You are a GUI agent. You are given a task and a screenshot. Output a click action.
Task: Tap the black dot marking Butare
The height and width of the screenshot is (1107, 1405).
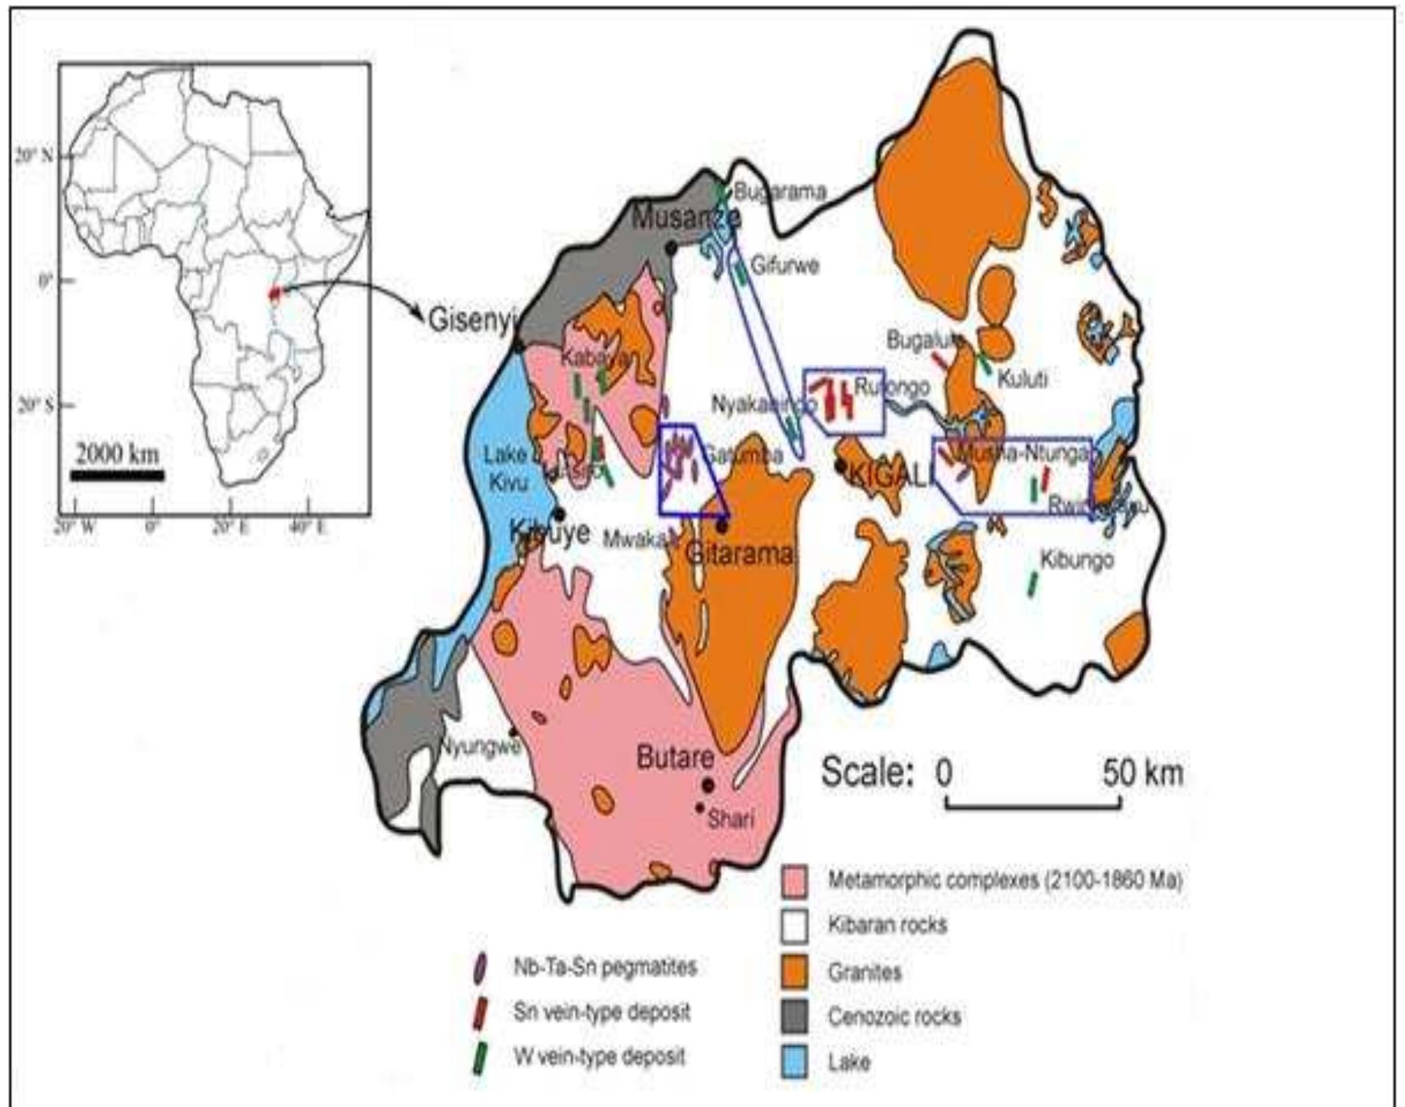click(707, 782)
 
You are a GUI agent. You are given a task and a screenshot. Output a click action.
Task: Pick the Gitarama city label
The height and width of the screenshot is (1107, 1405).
click(740, 554)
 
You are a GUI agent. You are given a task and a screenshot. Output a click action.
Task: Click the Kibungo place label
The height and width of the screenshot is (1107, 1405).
click(1076, 561)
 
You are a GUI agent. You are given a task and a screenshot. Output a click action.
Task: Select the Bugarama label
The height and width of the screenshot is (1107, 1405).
click(780, 192)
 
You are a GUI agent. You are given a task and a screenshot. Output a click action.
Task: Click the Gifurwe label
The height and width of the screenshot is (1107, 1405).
click(784, 266)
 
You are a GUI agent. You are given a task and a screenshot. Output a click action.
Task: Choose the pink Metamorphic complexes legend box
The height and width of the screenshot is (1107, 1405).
click(795, 881)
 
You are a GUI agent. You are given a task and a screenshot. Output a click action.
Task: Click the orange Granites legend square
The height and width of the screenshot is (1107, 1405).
click(795, 971)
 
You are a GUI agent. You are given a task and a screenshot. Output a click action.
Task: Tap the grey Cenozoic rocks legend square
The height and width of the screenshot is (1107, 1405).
click(795, 1016)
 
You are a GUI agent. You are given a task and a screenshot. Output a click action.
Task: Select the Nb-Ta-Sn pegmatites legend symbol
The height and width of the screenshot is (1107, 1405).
click(479, 968)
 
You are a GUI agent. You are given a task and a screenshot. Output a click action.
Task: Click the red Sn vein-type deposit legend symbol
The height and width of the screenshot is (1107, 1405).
click(479, 1013)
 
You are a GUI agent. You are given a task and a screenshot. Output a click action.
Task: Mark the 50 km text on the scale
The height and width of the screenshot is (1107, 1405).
click(1143, 773)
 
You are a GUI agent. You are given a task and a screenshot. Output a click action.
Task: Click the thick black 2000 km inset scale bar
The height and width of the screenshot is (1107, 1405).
click(117, 475)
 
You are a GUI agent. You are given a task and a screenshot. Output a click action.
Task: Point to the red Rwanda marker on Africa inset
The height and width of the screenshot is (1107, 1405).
click(275, 292)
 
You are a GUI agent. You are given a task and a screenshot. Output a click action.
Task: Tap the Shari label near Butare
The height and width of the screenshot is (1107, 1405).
click(730, 819)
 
